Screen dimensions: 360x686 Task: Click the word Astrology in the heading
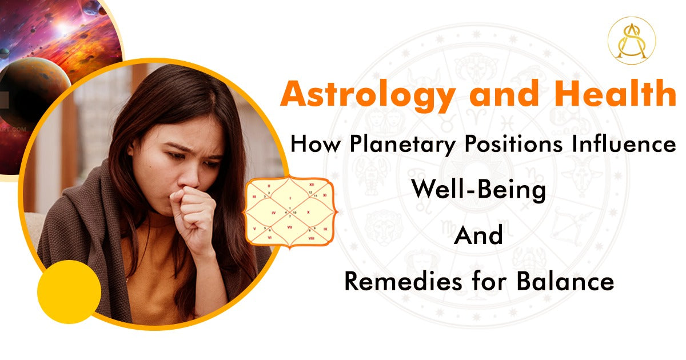point(366,95)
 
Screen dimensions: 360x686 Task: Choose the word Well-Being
point(478,190)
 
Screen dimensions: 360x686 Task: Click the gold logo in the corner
point(632,39)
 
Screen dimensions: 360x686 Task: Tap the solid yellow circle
point(69,293)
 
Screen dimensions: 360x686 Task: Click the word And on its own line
point(478,235)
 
